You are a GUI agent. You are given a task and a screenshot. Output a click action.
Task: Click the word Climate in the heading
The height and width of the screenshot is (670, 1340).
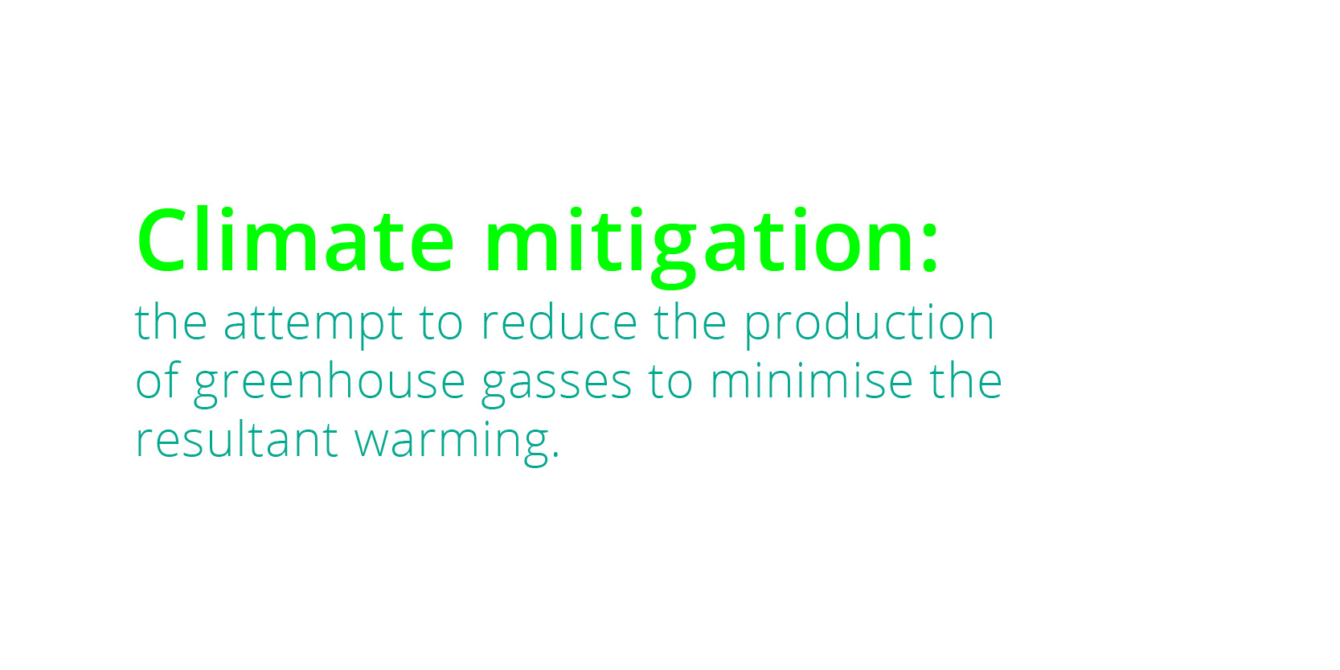pyautogui.click(x=296, y=240)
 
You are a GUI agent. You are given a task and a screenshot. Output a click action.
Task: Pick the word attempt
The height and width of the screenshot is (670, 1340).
pyautogui.click(x=313, y=324)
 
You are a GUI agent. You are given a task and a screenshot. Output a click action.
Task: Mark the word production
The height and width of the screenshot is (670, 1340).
pyautogui.click(x=869, y=324)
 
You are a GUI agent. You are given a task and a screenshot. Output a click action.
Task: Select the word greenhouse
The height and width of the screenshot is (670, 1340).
pyautogui.click(x=330, y=383)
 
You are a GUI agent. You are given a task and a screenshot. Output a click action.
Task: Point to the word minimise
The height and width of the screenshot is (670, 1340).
pyautogui.click(x=811, y=380)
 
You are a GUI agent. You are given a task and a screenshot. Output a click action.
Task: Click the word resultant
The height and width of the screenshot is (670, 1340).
pyautogui.click(x=236, y=439)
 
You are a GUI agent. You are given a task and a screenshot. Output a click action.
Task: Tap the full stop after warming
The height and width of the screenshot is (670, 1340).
pyautogui.click(x=555, y=454)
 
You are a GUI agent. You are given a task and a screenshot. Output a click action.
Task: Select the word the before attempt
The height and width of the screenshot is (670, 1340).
pyautogui.click(x=171, y=322)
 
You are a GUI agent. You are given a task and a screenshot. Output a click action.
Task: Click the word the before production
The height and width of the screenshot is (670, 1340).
pyautogui.click(x=690, y=322)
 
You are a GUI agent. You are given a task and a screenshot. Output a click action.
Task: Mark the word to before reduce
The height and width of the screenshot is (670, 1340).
pyautogui.click(x=441, y=324)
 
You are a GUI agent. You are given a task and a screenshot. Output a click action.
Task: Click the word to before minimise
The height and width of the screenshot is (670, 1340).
pyautogui.click(x=670, y=382)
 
